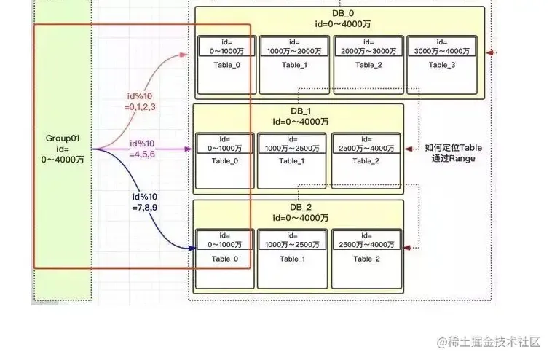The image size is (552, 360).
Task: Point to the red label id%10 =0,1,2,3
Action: tap(140, 101)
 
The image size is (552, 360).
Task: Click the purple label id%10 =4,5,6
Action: tap(143, 149)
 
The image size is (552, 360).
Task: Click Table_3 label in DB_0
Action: tap(441, 65)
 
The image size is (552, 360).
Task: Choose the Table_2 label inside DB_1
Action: tap(366, 160)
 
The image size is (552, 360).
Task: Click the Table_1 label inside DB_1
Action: tap(292, 160)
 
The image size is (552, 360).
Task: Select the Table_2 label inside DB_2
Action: tap(366, 259)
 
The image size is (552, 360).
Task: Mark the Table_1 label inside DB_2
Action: tap(292, 259)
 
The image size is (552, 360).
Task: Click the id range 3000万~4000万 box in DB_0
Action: tap(441, 47)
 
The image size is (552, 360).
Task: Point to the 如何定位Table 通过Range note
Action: tap(453, 152)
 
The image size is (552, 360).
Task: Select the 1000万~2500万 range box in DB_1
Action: tap(292, 143)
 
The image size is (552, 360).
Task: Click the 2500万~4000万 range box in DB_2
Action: tap(366, 240)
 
